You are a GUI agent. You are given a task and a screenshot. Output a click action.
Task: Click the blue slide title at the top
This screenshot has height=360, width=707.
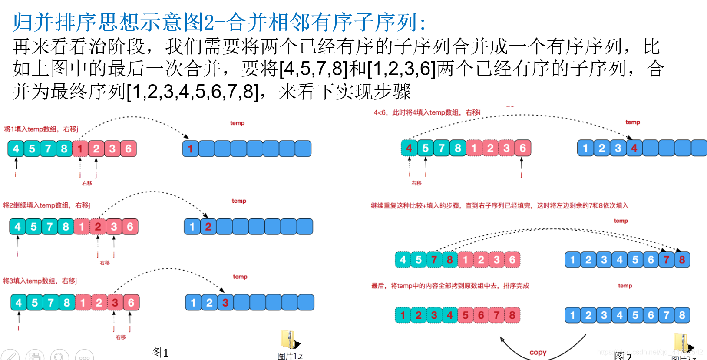(x=219, y=22)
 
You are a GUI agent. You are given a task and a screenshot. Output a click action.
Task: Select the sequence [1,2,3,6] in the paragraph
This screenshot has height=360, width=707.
(x=401, y=69)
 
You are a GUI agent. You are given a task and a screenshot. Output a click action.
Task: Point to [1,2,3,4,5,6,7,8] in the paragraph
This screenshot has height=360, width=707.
(x=192, y=92)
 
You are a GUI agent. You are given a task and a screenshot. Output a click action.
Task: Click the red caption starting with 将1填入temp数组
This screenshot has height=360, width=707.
(x=41, y=129)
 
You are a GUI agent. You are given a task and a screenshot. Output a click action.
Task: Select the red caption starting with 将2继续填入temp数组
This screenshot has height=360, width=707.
(x=46, y=205)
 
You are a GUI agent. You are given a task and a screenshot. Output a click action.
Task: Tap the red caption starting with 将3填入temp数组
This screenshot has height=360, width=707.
(x=40, y=281)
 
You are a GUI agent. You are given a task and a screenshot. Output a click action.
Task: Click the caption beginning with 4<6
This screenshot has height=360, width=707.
(x=427, y=112)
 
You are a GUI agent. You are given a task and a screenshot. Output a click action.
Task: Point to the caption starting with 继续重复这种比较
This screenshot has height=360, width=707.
(x=499, y=205)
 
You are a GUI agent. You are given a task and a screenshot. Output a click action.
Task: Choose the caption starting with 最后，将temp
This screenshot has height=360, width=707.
(x=450, y=286)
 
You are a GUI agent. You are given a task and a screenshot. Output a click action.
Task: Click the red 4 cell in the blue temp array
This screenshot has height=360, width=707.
(x=634, y=148)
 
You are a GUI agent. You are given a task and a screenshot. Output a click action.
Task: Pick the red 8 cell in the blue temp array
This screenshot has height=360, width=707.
(x=682, y=260)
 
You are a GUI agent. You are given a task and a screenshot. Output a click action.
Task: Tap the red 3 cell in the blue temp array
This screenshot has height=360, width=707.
(x=225, y=303)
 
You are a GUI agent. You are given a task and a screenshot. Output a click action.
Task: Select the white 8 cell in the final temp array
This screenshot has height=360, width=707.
(x=682, y=315)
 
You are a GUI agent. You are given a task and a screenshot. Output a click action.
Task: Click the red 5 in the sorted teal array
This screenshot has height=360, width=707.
(x=465, y=315)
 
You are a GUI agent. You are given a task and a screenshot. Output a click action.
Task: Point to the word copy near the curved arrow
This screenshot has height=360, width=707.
(x=538, y=353)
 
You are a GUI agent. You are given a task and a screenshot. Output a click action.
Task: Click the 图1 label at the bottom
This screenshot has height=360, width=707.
(x=159, y=352)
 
